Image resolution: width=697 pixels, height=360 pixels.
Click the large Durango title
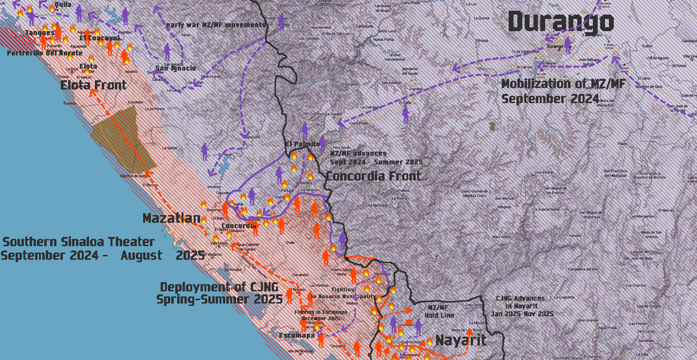561,22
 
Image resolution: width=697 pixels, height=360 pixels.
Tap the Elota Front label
93,86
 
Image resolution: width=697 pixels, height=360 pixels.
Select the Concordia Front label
373,176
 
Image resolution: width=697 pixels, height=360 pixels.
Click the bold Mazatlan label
171,218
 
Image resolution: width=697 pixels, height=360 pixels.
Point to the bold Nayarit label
460,340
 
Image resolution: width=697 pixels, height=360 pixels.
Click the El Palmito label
303,144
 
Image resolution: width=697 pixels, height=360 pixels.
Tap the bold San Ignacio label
176,68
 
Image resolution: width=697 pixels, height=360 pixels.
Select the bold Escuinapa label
296,335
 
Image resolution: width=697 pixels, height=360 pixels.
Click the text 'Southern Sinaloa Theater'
79,242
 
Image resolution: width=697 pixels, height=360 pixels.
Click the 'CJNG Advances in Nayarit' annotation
524,306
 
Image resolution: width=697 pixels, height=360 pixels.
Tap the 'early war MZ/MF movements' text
216,25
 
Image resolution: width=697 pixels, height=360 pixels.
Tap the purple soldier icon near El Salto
405,115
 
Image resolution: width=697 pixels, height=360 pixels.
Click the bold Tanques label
40,33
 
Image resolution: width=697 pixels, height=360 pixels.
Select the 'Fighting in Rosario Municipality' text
344,293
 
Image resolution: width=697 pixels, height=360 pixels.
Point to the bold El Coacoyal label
100,38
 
